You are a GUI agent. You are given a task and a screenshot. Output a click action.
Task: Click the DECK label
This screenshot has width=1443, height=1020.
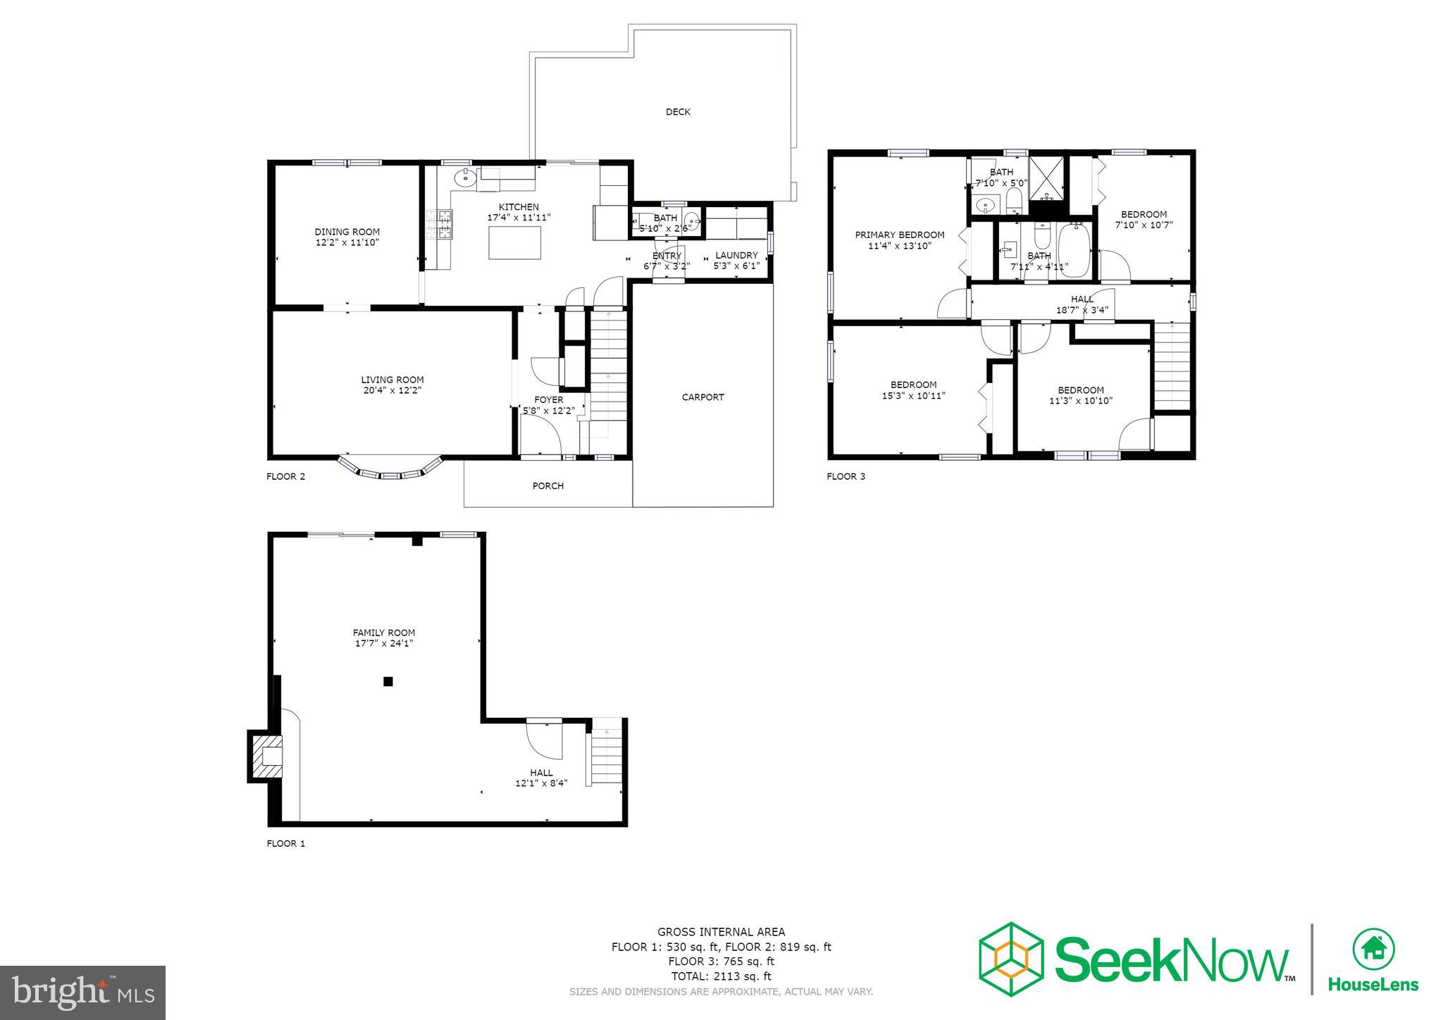coord(678,112)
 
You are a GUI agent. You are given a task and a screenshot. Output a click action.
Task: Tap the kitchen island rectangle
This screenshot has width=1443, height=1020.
coord(514,243)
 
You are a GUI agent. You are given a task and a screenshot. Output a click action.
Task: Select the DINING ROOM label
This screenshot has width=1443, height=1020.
coord(347,232)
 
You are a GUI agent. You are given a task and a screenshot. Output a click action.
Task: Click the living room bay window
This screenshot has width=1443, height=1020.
coord(390,470)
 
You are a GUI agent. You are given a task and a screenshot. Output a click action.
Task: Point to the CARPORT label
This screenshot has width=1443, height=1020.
coord(702,397)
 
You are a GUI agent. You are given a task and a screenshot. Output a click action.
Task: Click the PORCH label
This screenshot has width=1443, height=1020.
coord(547,486)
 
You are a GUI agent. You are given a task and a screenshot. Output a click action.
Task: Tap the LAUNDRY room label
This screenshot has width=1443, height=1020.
coord(736,255)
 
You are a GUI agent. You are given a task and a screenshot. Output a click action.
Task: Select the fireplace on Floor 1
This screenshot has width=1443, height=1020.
coord(266,756)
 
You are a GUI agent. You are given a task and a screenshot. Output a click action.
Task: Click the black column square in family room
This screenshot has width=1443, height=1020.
coord(388,681)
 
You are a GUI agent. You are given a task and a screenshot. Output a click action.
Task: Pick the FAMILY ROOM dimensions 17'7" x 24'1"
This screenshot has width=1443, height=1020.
coord(384,643)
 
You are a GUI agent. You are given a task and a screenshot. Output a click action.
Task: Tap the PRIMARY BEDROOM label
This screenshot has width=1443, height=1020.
coord(899,235)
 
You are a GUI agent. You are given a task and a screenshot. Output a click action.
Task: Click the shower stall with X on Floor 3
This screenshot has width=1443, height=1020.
coord(1049,178)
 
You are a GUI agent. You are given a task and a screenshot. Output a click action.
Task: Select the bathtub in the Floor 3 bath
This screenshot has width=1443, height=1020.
coord(1074,250)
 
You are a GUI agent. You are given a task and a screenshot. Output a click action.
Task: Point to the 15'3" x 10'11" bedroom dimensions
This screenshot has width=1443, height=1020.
coord(913,396)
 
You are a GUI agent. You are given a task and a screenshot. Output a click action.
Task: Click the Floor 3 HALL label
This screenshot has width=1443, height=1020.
coord(1082,299)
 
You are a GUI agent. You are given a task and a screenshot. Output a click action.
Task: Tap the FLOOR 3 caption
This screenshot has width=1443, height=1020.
coord(846,477)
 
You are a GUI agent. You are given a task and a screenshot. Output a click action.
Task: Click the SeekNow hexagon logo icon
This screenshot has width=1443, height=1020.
coord(1011,959)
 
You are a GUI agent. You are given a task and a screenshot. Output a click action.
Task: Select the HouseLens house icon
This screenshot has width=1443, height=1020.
coord(1373,949)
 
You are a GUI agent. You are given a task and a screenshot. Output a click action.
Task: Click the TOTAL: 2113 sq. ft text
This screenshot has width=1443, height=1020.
coord(721,976)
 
